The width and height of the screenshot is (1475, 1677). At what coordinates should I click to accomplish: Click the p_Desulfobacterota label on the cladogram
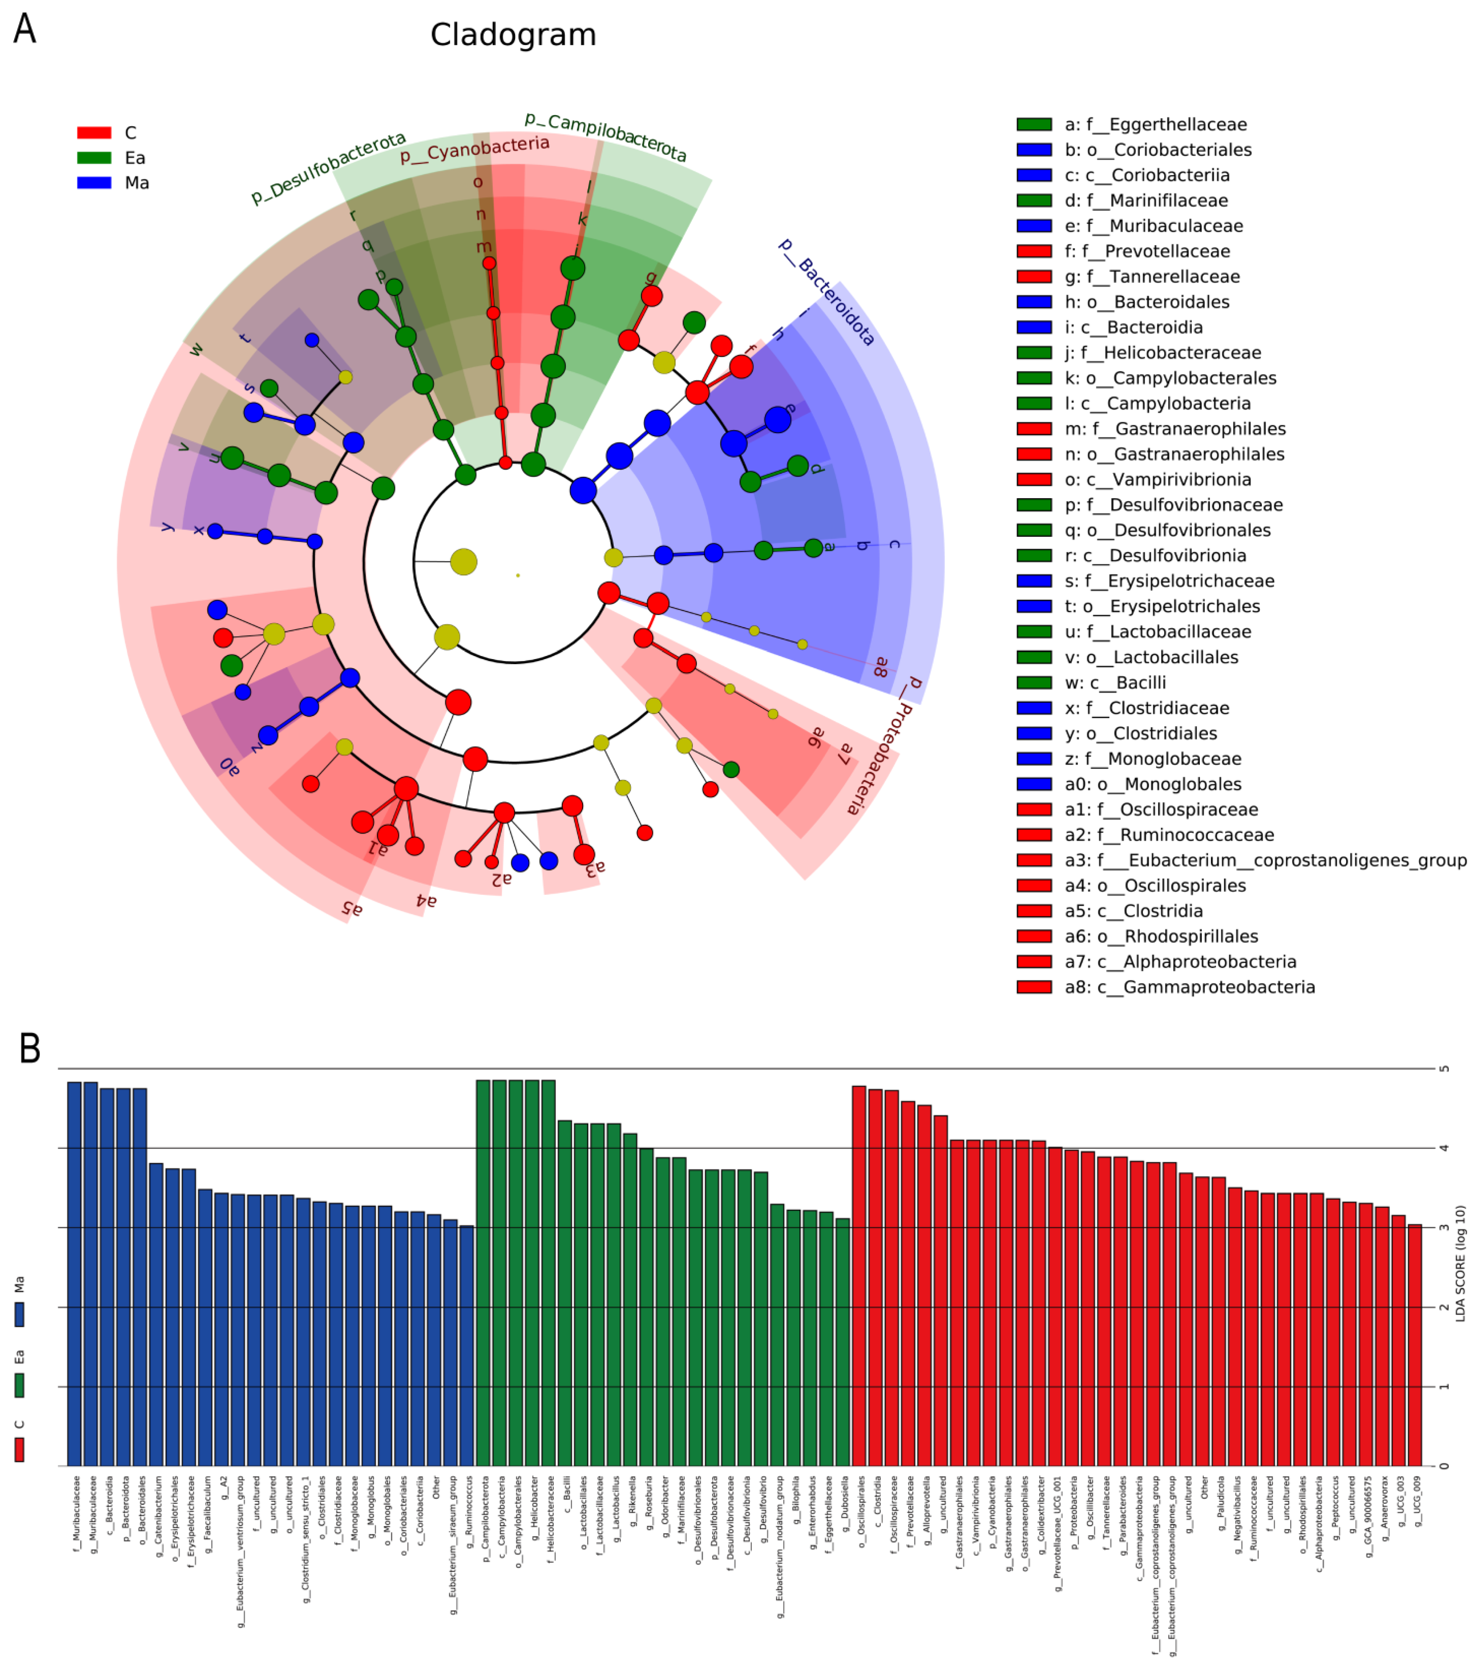point(328,168)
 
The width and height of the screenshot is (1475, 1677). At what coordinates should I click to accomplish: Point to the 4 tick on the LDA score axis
point(1444,1148)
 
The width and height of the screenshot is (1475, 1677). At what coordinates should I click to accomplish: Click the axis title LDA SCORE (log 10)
point(1460,1263)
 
